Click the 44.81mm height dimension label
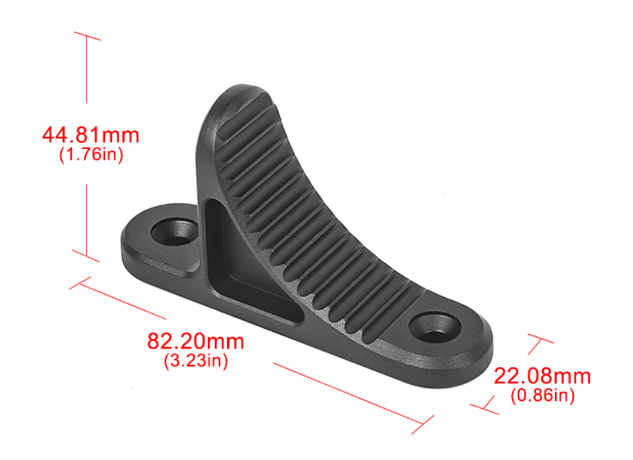tap(91, 134)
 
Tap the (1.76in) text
tap(91, 155)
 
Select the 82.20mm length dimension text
tap(195, 340)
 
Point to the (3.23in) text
tap(196, 361)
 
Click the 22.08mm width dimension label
tap(542, 376)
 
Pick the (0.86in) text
tap(543, 395)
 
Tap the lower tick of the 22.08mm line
tap(485, 408)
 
